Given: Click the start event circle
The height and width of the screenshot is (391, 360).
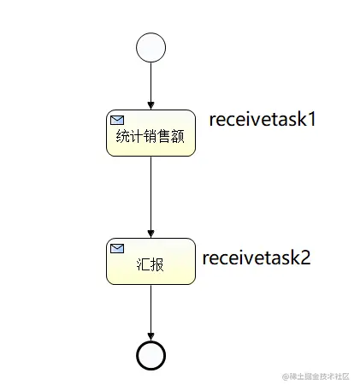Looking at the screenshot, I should [x=150, y=47].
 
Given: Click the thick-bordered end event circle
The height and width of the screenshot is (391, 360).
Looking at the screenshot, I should [x=150, y=355].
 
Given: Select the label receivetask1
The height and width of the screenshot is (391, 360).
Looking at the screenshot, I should [x=263, y=119].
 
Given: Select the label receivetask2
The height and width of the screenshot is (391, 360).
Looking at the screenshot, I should [x=256, y=258].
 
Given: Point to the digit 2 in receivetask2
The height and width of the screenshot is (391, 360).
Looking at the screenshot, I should [x=304, y=258].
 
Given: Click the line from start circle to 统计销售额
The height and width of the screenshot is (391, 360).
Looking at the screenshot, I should [x=150, y=81].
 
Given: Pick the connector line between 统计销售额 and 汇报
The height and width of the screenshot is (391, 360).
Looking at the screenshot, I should [x=150, y=193].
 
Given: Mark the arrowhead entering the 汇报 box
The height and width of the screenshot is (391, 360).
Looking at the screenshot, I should [x=150, y=233].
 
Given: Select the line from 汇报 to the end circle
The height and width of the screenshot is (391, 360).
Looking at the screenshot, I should [x=150, y=308].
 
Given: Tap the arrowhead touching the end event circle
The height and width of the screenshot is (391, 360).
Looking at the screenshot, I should [x=150, y=336].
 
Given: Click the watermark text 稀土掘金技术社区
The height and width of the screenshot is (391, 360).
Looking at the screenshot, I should [x=320, y=376].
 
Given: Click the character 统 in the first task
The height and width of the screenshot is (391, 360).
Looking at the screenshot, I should [x=123, y=137].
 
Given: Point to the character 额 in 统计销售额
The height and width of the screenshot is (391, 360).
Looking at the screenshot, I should [x=178, y=137].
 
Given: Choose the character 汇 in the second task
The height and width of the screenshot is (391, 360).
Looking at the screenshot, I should [x=143, y=264].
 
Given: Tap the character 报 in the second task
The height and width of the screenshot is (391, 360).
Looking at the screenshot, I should [x=157, y=264].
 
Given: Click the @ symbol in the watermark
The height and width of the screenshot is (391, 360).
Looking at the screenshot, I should [x=286, y=376].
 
